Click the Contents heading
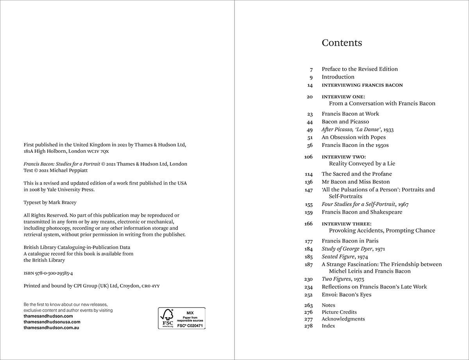pyautogui.click(x=342, y=43)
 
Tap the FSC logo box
pyautogui.click(x=181, y=318)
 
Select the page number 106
pyautogui.click(x=308, y=157)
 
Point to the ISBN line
pyautogui.click(x=48, y=273)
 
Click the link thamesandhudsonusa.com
pyautogui.click(x=52, y=322)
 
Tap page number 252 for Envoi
pyautogui.click(x=308, y=295)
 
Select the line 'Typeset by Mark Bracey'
pyautogui.click(x=50, y=202)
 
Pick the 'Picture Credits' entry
pyautogui.click(x=339, y=312)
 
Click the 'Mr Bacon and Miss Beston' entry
pyautogui.click(x=356, y=182)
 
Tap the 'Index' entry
pyautogui.click(x=328, y=326)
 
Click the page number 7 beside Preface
pyautogui.click(x=311, y=69)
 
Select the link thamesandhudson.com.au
pyautogui.click(x=51, y=328)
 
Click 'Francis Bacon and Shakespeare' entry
pyautogui.click(x=362, y=212)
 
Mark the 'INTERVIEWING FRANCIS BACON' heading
pyautogui.click(x=362, y=85)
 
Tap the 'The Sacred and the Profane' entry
pyautogui.click(x=356, y=174)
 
